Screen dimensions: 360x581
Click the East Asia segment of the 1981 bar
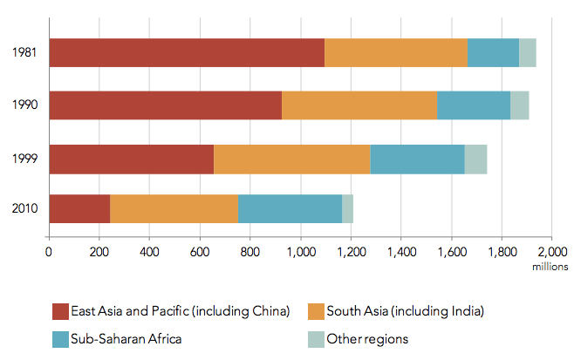(187, 53)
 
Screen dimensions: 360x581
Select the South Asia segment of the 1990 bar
(359, 105)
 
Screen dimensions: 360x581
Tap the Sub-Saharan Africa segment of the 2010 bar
(290, 209)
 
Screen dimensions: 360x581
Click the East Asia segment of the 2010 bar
(79, 209)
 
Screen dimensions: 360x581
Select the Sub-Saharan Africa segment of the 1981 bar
(493, 53)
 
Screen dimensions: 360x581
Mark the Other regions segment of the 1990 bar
(519, 105)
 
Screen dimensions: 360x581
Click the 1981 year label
(24, 53)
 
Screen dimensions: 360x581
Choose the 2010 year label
(24, 209)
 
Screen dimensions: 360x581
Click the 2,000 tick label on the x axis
(551, 254)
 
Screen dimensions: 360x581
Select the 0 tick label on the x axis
(49, 254)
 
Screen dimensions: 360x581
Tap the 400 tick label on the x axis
(149, 254)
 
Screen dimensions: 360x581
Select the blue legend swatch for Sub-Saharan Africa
(59, 338)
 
